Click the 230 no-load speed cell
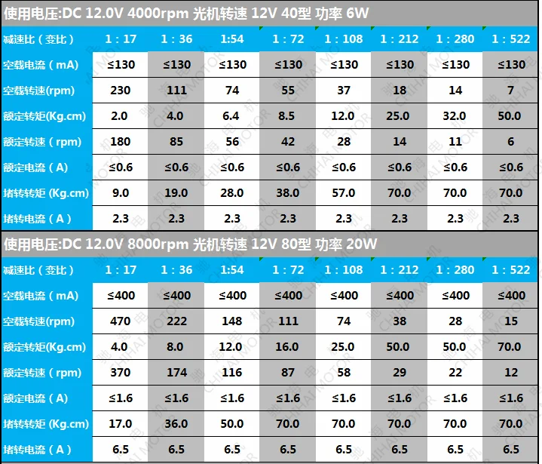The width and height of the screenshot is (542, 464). coord(121,91)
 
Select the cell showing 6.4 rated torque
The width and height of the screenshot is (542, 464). coord(231,116)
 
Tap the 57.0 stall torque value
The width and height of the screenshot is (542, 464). coord(344,192)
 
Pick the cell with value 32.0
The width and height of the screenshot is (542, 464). coord(455,116)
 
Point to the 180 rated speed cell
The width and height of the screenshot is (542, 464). coord(121,142)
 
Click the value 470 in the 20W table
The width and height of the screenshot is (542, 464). coord(121,321)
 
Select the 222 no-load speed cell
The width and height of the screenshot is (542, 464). coord(176,321)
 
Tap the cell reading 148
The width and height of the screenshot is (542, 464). coord(232,321)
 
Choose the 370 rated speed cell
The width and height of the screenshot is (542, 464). coord(121,372)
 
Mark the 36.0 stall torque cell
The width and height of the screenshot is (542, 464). coord(176,423)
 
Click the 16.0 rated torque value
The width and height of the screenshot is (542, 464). coord(287,347)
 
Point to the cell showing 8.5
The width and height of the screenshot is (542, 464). coord(286,116)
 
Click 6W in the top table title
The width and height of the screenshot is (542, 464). coord(357,13)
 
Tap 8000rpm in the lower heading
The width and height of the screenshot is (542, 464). coord(158,244)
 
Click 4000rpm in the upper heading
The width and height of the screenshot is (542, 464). coord(158,13)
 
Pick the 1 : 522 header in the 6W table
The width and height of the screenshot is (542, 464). coord(511,38)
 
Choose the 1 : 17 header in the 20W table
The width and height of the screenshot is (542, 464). coord(121,270)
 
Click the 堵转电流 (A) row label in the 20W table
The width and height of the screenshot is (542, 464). coord(38,450)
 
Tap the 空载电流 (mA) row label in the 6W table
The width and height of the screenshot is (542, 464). coord(41,65)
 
